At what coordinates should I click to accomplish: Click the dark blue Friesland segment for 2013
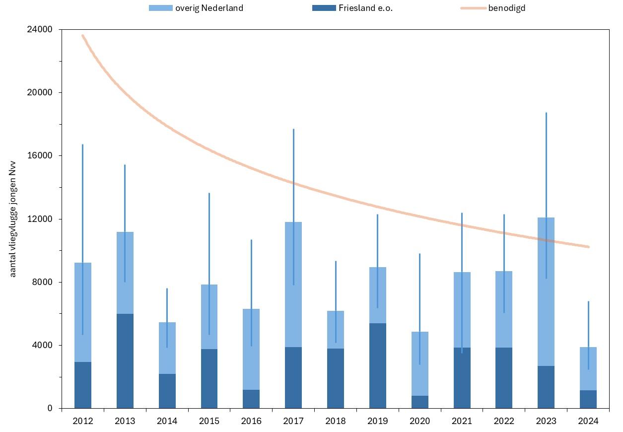pos(125,361)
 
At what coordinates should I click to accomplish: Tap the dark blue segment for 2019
pos(378,365)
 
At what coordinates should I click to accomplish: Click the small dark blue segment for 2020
pos(420,402)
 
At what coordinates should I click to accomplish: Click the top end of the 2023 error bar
pos(546,113)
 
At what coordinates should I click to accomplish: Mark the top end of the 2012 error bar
pos(82,144)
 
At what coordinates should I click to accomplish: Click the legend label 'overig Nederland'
pos(209,8)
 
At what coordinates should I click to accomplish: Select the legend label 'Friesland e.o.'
pos(365,8)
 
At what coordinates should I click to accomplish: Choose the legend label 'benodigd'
pos(506,8)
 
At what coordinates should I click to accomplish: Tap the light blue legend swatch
pos(160,8)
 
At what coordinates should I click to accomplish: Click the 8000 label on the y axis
pos(43,282)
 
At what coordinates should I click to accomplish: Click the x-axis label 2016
pos(251,421)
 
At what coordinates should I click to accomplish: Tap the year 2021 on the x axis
pos(462,421)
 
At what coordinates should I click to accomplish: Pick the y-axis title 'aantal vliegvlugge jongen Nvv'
pos(13,218)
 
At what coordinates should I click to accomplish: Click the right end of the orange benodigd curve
pos(588,246)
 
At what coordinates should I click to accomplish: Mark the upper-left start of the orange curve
pos(82,35)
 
